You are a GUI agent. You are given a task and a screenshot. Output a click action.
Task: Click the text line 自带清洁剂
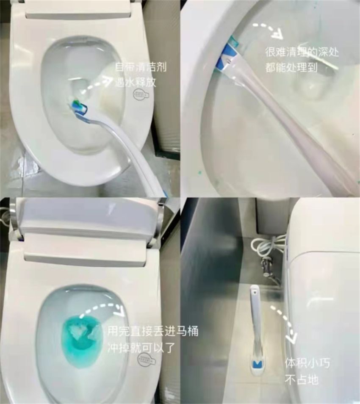tap(141, 67)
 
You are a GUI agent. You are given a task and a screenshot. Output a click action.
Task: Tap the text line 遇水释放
tap(136, 82)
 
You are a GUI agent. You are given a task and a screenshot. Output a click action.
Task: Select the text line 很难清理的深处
tap(302, 53)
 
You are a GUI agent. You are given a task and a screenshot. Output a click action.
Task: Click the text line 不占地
tap(301, 380)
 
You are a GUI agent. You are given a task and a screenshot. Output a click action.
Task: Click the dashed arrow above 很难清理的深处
tap(269, 29)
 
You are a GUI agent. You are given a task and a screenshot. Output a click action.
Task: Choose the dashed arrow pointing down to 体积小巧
tap(284, 322)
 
